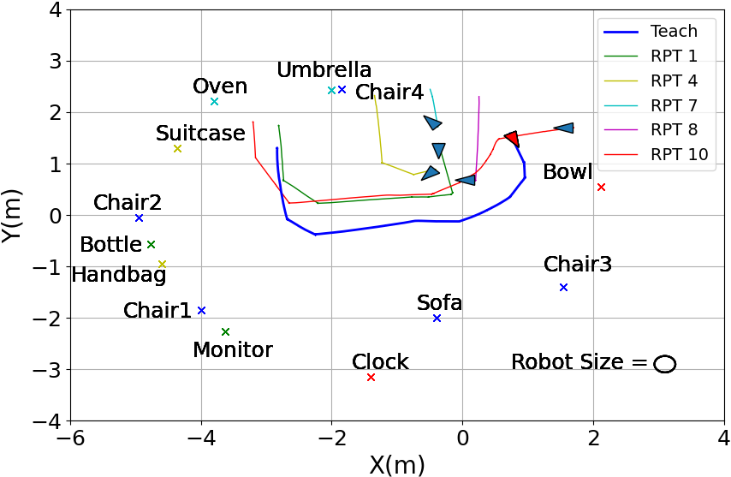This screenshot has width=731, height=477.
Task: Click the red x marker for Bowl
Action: pos(601,187)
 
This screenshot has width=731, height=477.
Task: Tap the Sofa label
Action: pos(439,302)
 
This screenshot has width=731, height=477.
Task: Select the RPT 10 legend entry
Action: pos(655,154)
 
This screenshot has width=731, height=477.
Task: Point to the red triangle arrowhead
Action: pos(511,138)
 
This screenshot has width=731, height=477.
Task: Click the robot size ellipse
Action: pos(665,364)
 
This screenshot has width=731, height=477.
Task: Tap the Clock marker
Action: pos(371,378)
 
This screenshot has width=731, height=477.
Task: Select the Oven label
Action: pos(220,86)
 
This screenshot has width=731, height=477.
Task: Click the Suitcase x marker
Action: pos(177,149)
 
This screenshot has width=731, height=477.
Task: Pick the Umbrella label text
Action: pos(324,70)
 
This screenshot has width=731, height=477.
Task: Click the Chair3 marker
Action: pos(563,287)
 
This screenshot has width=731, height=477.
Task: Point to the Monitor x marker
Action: pos(225,331)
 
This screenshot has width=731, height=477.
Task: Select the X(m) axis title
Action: pos(396,464)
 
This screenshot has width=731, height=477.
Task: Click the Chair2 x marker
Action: pos(139,218)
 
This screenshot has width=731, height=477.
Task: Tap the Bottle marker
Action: pos(151,245)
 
